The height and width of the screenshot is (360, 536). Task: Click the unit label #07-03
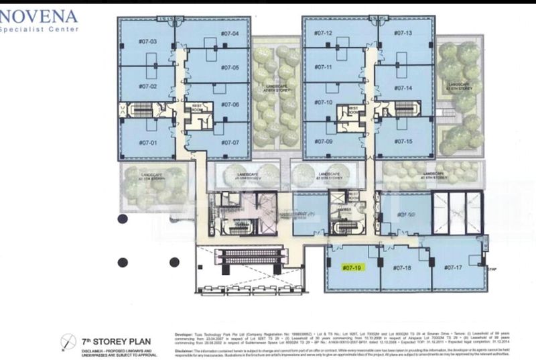click(147, 42)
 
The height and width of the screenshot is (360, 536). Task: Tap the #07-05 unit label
click(230, 68)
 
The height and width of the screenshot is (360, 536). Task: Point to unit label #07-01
click(147, 143)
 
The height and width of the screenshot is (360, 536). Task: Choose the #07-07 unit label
click(230, 143)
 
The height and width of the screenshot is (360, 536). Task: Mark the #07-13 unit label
click(403, 33)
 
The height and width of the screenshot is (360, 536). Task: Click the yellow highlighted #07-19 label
click(352, 267)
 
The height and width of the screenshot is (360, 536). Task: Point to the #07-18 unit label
click(403, 267)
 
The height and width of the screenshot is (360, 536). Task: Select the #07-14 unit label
click(403, 88)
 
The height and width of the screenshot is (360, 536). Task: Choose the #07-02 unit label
click(147, 87)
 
